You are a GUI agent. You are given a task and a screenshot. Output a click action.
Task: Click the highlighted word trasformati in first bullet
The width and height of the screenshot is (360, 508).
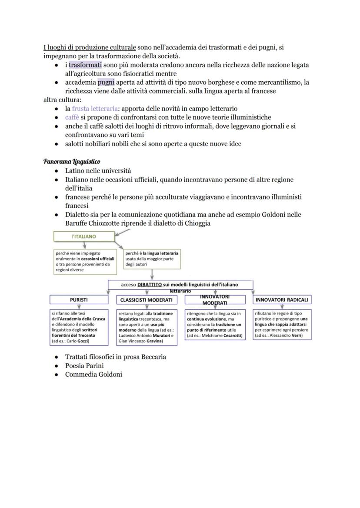[85, 65]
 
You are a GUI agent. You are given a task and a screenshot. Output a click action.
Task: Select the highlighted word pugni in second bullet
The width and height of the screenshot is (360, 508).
[106, 82]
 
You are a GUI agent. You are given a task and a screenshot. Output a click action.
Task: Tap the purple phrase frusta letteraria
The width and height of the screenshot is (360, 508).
[95, 109]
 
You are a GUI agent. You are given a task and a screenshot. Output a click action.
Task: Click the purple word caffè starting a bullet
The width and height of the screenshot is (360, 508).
[72, 117]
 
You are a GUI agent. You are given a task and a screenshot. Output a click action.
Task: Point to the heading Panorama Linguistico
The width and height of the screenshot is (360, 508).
[71, 162]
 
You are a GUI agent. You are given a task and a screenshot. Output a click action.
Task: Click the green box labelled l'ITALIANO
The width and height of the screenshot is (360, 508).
[84, 237]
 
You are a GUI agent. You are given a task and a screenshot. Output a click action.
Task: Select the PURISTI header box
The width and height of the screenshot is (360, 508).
[79, 299]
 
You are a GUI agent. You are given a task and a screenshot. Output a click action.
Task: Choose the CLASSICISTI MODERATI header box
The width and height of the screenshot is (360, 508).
[147, 299]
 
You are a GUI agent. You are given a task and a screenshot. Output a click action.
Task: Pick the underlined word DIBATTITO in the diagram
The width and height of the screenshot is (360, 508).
[149, 284]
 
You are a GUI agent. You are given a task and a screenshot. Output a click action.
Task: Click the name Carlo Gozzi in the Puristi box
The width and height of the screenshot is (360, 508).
[79, 342]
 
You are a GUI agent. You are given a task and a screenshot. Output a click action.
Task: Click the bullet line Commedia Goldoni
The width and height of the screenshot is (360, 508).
[93, 374]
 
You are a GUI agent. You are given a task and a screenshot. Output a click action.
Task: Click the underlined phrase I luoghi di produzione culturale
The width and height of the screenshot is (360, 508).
[90, 47]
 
